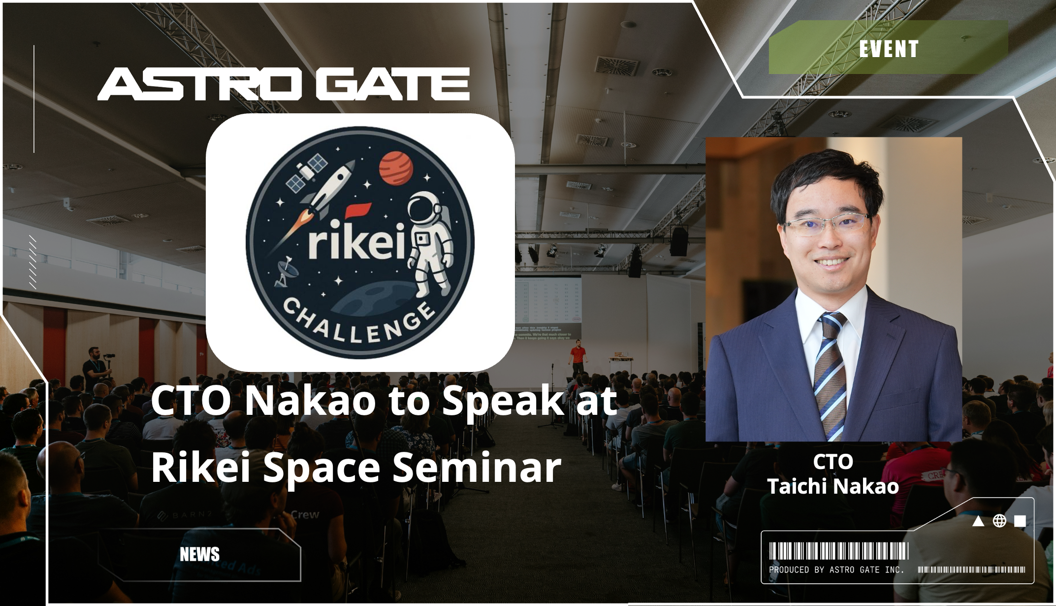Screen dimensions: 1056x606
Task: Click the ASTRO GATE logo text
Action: pyautogui.click(x=284, y=84)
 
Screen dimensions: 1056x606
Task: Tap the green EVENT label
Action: pyautogui.click(x=889, y=48)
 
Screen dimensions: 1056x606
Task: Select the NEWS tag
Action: pyautogui.click(x=199, y=554)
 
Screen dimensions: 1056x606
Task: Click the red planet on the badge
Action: pyautogui.click(x=396, y=168)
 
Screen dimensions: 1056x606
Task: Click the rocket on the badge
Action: pyautogui.click(x=320, y=197)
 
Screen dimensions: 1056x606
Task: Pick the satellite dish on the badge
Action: pyautogui.click(x=285, y=271)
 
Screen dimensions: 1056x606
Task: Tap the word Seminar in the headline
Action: pyautogui.click(x=477, y=468)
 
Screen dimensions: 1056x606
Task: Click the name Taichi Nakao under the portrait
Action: pyautogui.click(x=833, y=487)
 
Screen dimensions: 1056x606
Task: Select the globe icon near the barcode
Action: pyautogui.click(x=999, y=521)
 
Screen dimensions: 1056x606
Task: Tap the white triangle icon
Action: pyautogui.click(x=978, y=521)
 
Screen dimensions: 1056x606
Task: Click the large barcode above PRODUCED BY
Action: pyautogui.click(x=839, y=551)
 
